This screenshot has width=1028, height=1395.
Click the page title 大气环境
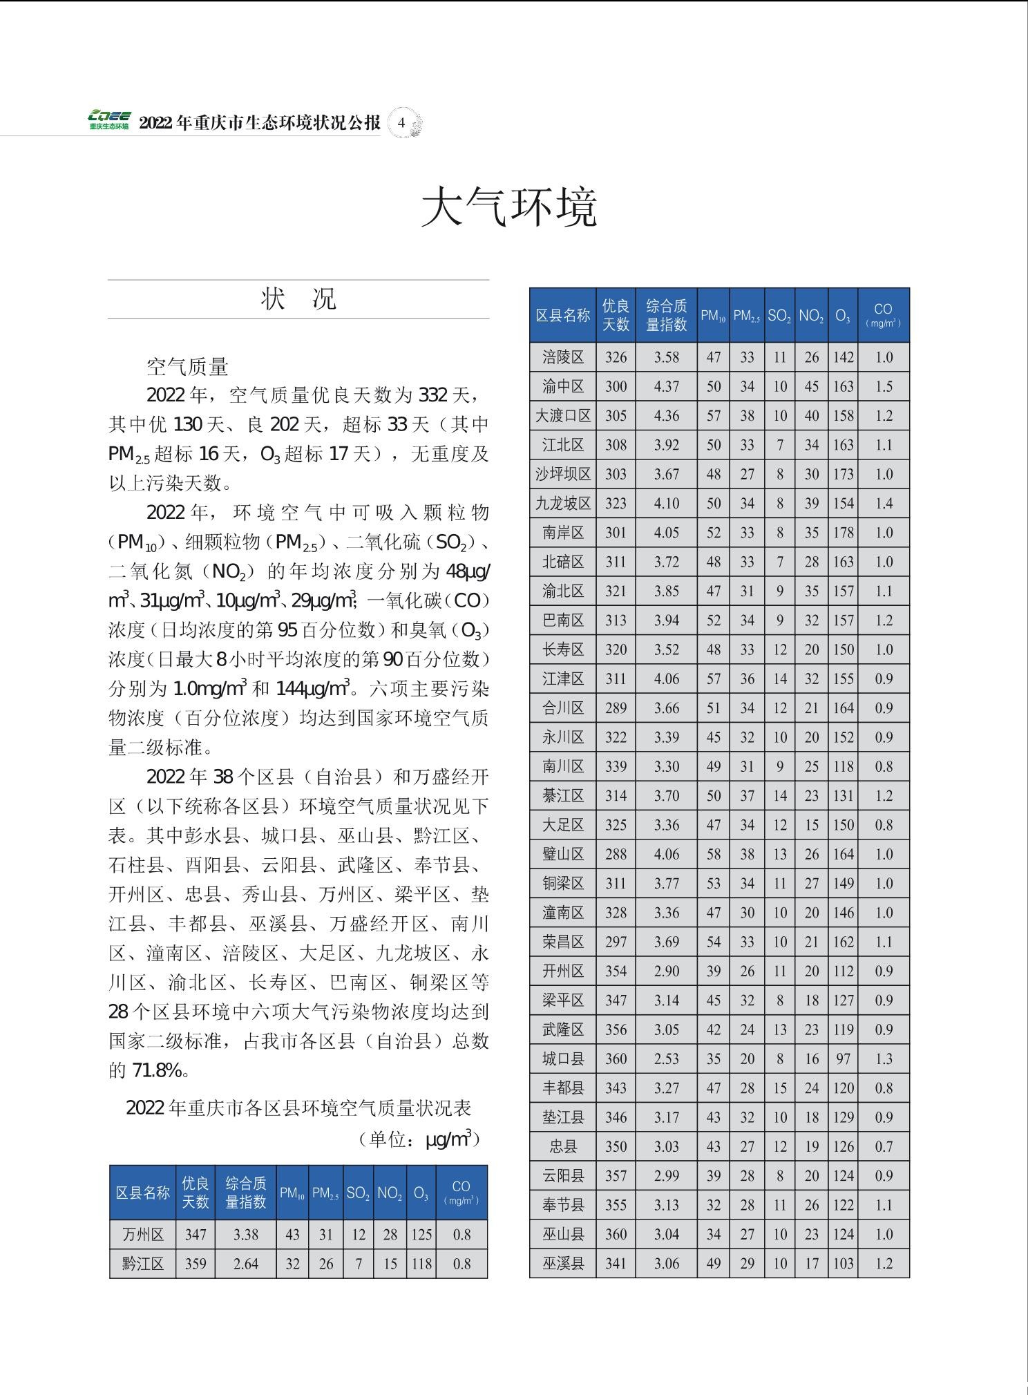pos(509,207)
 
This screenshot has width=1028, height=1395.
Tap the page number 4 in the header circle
pos(401,124)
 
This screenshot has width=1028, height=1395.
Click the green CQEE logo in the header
pos(108,120)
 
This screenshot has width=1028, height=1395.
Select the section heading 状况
pos(298,298)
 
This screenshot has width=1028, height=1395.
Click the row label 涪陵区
pos(563,357)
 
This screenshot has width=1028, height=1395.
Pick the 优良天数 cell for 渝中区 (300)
pos(616,387)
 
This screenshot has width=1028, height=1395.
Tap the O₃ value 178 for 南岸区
pos(843,533)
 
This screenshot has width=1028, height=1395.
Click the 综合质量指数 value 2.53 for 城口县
pos(666,1059)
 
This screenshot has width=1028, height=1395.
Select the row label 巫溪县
pos(563,1264)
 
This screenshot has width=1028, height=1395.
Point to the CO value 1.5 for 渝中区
pos(884,387)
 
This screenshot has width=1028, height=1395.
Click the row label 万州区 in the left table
pos(143,1235)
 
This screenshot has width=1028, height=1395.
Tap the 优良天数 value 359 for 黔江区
pos(196,1264)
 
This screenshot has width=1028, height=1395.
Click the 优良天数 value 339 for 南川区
pos(616,767)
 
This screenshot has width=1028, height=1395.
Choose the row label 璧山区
pos(563,855)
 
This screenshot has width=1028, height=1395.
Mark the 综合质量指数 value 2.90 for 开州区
pos(666,971)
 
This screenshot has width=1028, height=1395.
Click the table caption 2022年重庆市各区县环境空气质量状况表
pos(298,1108)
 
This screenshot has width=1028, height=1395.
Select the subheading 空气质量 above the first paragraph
pos(187,366)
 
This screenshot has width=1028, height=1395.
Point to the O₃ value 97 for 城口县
pos(843,1059)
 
